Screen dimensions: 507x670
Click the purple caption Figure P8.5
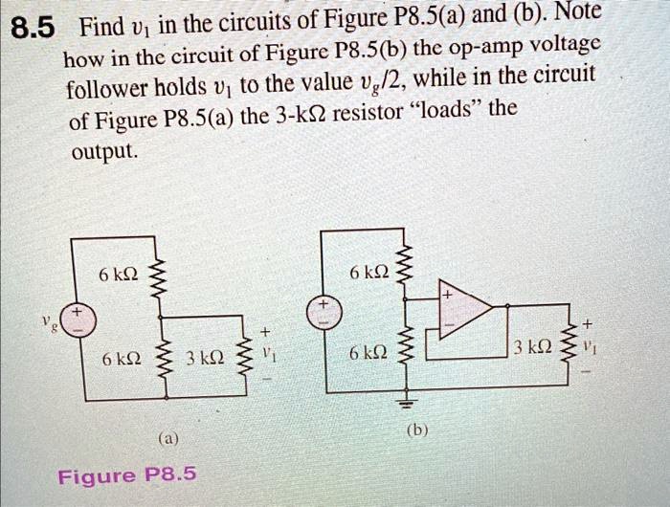(x=126, y=474)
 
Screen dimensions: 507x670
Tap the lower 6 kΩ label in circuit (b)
(x=370, y=352)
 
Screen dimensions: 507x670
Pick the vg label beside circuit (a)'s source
(x=49, y=321)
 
